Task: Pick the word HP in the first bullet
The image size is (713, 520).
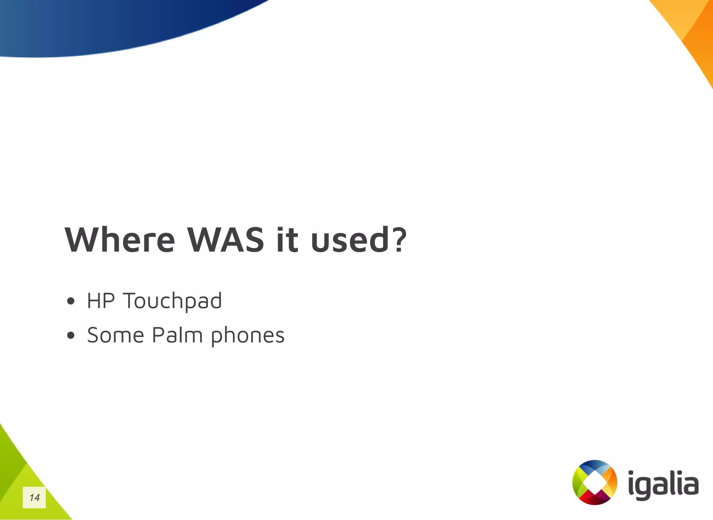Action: point(101,301)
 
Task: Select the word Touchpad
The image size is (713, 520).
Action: point(172,301)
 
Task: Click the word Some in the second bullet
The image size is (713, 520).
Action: point(116,335)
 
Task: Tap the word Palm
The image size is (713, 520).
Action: point(178,335)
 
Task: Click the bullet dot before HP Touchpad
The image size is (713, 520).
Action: point(71,301)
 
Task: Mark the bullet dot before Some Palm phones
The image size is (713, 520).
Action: point(71,335)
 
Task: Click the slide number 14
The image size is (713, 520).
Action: point(34,497)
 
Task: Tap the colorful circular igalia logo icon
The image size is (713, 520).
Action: point(595,482)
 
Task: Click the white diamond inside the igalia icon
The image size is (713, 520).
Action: point(595,483)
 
